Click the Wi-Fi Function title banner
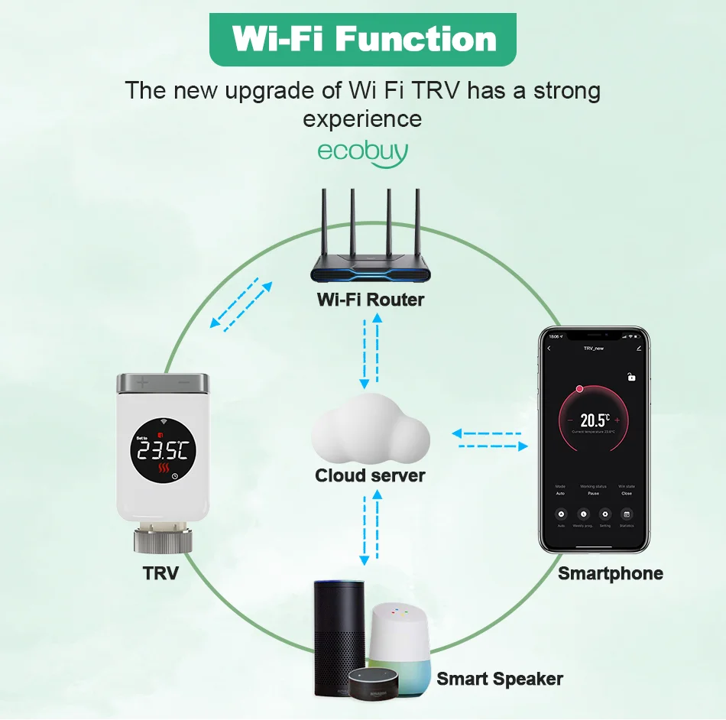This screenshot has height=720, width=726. [363, 37]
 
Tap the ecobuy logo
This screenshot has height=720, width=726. [363, 150]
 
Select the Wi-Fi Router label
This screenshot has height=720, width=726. [371, 300]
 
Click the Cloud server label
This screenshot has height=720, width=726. [370, 475]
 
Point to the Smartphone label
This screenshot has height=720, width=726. [610, 573]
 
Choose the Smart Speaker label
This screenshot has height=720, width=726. [500, 678]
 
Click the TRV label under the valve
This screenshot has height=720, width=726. [160, 572]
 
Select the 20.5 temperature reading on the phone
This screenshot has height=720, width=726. [594, 420]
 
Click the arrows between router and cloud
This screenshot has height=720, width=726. [371, 349]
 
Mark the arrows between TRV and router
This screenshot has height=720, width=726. [241, 306]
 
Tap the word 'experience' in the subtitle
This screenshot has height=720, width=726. [362, 119]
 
